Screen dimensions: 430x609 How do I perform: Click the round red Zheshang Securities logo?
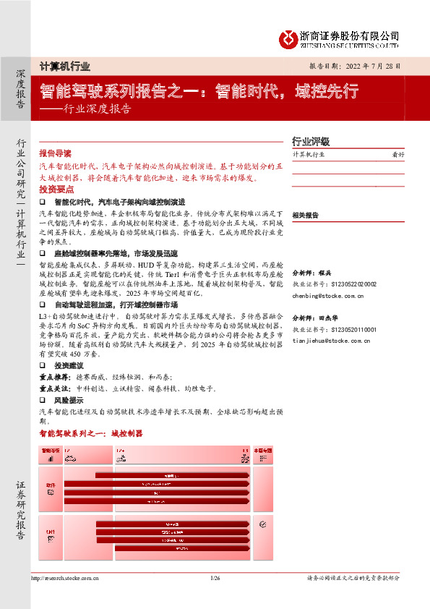[291, 37]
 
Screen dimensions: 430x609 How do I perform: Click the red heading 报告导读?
[55, 153]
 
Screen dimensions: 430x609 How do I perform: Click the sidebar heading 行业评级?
[311, 141]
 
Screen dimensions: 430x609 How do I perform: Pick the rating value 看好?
[397, 155]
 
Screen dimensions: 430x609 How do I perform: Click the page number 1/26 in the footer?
[215, 578]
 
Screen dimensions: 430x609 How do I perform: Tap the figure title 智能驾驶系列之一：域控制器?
[91, 433]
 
